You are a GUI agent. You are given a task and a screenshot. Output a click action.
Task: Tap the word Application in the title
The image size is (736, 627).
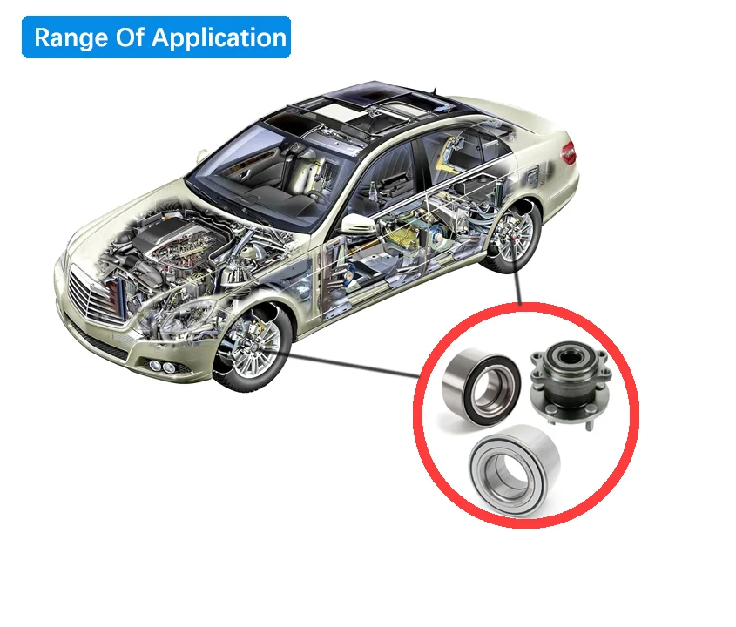[x=219, y=37]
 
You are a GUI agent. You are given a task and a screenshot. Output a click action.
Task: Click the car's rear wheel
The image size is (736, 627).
[x=512, y=237]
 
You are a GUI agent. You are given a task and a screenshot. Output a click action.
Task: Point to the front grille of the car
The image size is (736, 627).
[x=95, y=297]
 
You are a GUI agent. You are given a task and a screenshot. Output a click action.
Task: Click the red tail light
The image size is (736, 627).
[x=569, y=152]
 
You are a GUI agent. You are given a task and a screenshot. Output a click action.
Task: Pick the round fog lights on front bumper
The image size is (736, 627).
[x=161, y=366]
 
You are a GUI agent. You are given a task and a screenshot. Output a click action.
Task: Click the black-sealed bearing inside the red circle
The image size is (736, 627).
[x=482, y=387]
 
